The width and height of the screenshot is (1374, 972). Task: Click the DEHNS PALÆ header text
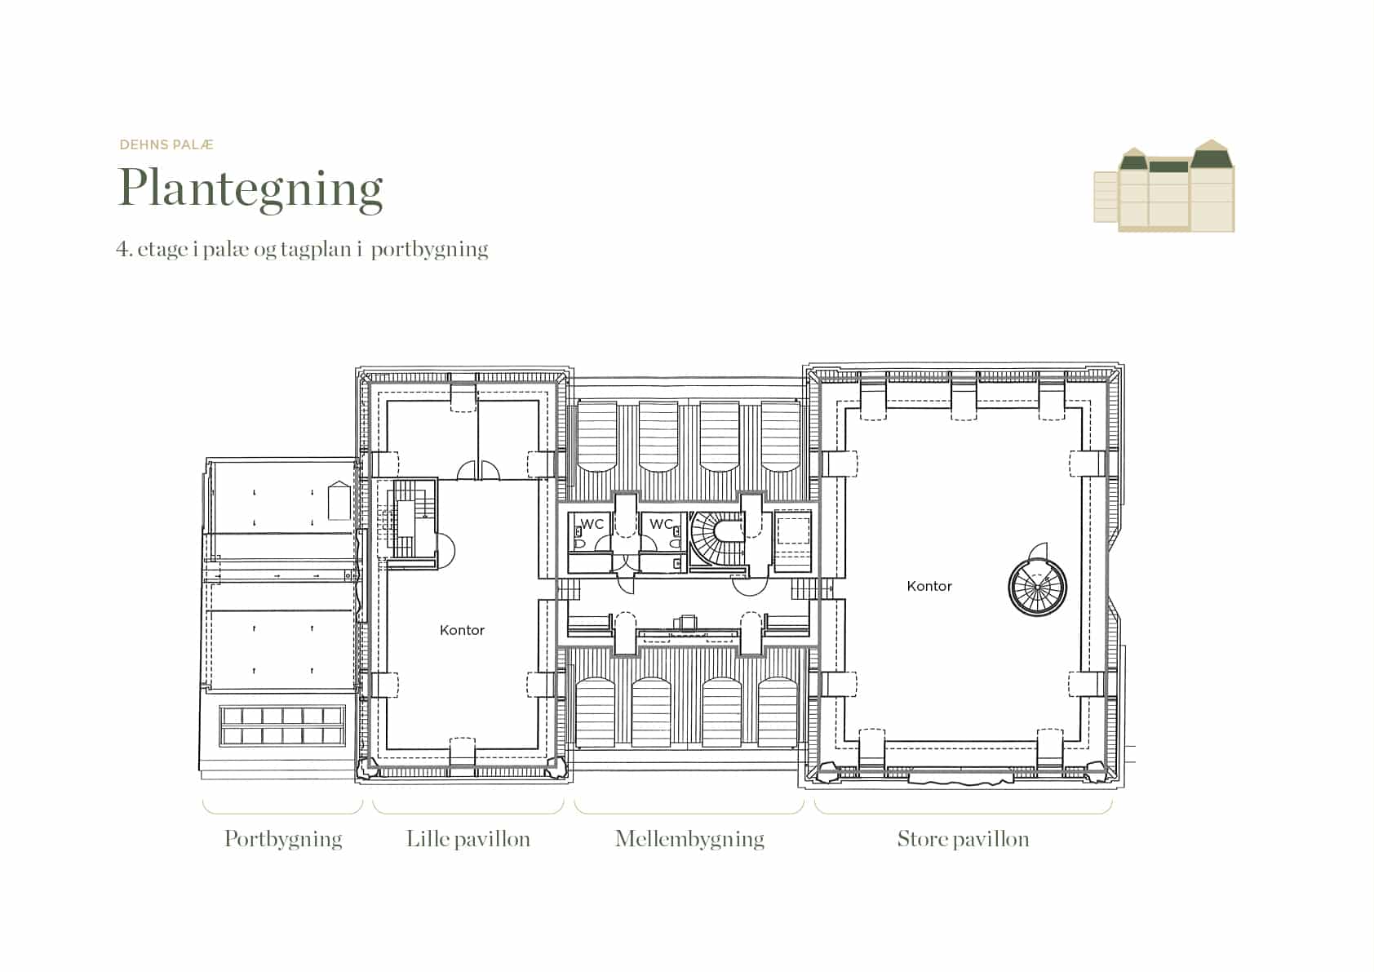click(166, 144)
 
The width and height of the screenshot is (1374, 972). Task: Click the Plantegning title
click(250, 189)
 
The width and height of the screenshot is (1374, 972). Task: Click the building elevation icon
click(1163, 186)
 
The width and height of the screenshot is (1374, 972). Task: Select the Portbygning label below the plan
click(283, 840)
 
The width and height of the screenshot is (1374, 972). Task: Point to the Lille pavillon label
click(468, 839)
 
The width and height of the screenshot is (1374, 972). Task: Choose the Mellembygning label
click(689, 840)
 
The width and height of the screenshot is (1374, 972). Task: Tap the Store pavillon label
click(963, 839)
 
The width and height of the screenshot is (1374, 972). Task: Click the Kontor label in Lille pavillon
click(462, 630)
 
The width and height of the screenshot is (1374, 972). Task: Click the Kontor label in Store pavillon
click(929, 586)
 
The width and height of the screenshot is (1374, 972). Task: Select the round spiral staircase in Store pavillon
click(1037, 588)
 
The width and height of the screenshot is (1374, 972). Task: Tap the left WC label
click(592, 524)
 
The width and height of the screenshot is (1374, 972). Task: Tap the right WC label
click(661, 524)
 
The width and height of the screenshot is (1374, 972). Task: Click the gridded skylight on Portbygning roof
click(282, 726)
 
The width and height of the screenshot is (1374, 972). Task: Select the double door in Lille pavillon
click(478, 470)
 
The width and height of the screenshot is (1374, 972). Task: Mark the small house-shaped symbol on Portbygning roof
click(339, 501)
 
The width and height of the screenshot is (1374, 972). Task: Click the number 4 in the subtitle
click(122, 250)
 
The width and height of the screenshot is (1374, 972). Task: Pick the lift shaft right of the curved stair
click(793, 540)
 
